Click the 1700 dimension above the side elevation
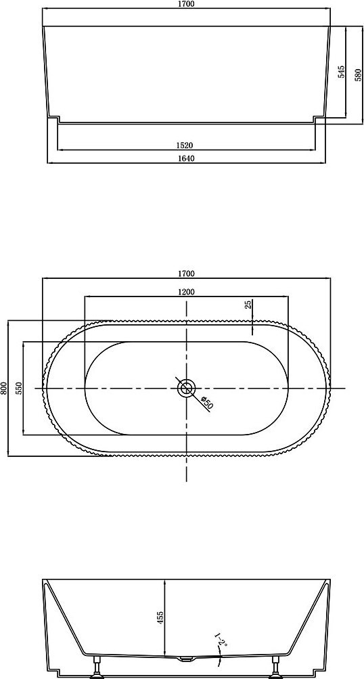[186, 4]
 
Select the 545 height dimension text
[341, 72]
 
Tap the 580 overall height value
[358, 74]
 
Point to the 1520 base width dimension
[186, 145]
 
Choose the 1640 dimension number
[186, 158]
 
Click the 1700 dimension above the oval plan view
[186, 273]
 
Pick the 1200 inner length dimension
[186, 292]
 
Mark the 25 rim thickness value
[248, 305]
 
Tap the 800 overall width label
[4, 388]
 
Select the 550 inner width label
[19, 389]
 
